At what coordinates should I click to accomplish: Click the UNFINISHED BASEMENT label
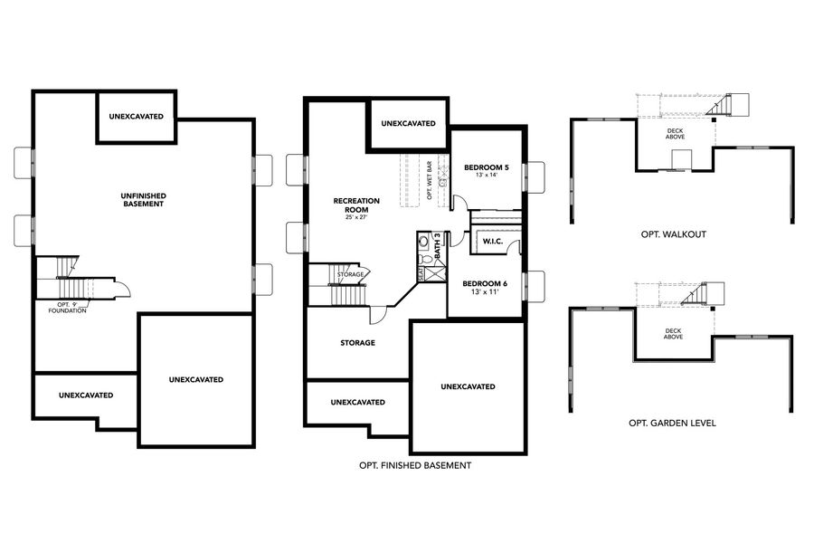point(143,200)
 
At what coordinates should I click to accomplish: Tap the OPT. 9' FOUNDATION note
point(69,307)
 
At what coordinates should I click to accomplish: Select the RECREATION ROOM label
point(356,205)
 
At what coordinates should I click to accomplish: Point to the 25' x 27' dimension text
point(356,217)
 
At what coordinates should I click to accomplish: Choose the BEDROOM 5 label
point(487,167)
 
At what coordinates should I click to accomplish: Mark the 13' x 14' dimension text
point(487,176)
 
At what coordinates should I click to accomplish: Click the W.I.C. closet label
point(493,242)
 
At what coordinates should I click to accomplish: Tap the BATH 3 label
point(438,246)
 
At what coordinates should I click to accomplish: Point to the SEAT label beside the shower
point(421,271)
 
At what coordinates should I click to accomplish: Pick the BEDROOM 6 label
point(487,282)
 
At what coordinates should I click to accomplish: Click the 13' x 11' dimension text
point(487,291)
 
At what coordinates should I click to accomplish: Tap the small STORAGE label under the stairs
point(351,274)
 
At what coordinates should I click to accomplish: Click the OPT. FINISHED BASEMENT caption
point(415,466)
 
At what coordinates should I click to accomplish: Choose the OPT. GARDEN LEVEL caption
point(672,423)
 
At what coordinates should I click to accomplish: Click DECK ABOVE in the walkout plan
point(675,134)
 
